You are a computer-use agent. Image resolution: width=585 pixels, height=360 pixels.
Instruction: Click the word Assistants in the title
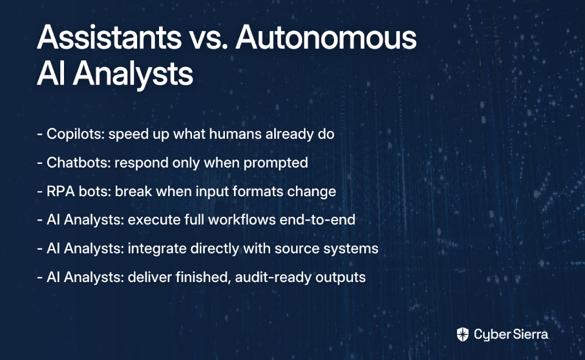click(109, 37)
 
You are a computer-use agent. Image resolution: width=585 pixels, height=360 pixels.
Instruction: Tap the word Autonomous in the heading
click(326, 37)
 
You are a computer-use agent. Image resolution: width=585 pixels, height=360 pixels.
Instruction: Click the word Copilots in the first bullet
click(76, 134)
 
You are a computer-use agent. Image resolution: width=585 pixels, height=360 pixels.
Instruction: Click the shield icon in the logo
click(463, 334)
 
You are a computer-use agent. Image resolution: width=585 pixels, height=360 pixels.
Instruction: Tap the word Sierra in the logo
click(530, 334)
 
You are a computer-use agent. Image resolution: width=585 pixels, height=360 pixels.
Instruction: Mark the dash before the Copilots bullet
click(40, 135)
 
